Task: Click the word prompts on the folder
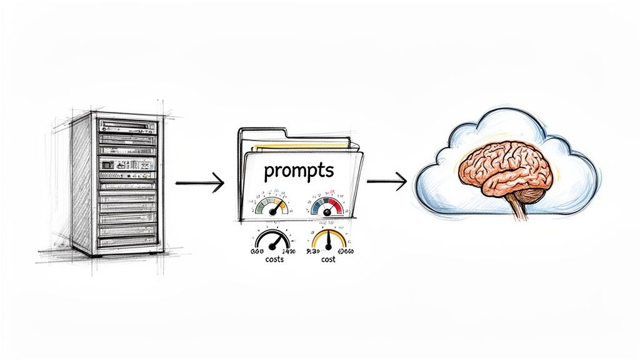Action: (298, 170)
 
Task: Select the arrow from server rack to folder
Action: (199, 183)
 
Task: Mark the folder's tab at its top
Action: (262, 133)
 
